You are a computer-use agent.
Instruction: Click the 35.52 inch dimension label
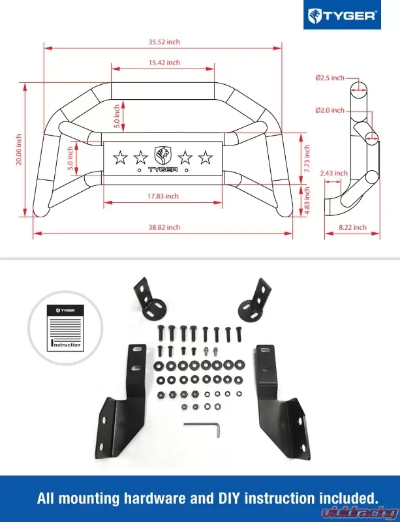[x=164, y=42]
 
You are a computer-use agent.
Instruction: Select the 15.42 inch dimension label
[x=164, y=63]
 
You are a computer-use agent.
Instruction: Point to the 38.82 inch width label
[x=164, y=227]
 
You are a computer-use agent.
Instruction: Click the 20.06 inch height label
[x=19, y=149]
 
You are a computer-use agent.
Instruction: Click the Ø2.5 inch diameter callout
[x=329, y=78]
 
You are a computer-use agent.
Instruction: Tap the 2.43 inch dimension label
[x=334, y=174]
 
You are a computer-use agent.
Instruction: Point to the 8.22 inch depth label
[x=353, y=227]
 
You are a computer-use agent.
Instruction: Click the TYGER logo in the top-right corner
[x=343, y=15]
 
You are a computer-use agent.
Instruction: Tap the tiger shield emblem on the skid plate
[x=163, y=155]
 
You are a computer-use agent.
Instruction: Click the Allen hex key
[x=203, y=427]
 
